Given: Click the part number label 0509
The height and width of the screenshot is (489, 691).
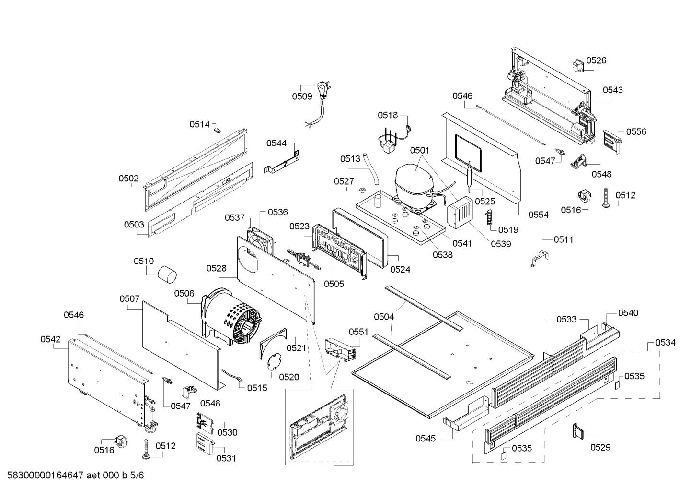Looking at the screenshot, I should tap(302, 96).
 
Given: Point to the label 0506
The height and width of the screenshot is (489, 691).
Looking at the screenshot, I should tap(184, 293).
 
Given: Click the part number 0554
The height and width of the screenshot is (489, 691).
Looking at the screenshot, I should tap(538, 215).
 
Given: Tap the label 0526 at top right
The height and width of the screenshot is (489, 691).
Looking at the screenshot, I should tap(596, 60).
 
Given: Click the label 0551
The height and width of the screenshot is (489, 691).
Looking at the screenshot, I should tap(358, 332).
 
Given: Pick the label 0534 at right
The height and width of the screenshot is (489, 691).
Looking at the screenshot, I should tap(666, 342).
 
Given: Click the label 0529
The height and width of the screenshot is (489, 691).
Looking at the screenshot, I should tap(600, 447).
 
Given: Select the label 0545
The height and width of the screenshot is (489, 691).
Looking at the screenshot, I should tap(426, 438).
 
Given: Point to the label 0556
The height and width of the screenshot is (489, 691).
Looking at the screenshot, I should tap(636, 131).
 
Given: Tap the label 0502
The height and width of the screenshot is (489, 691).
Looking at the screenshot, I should tap(128, 179).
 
